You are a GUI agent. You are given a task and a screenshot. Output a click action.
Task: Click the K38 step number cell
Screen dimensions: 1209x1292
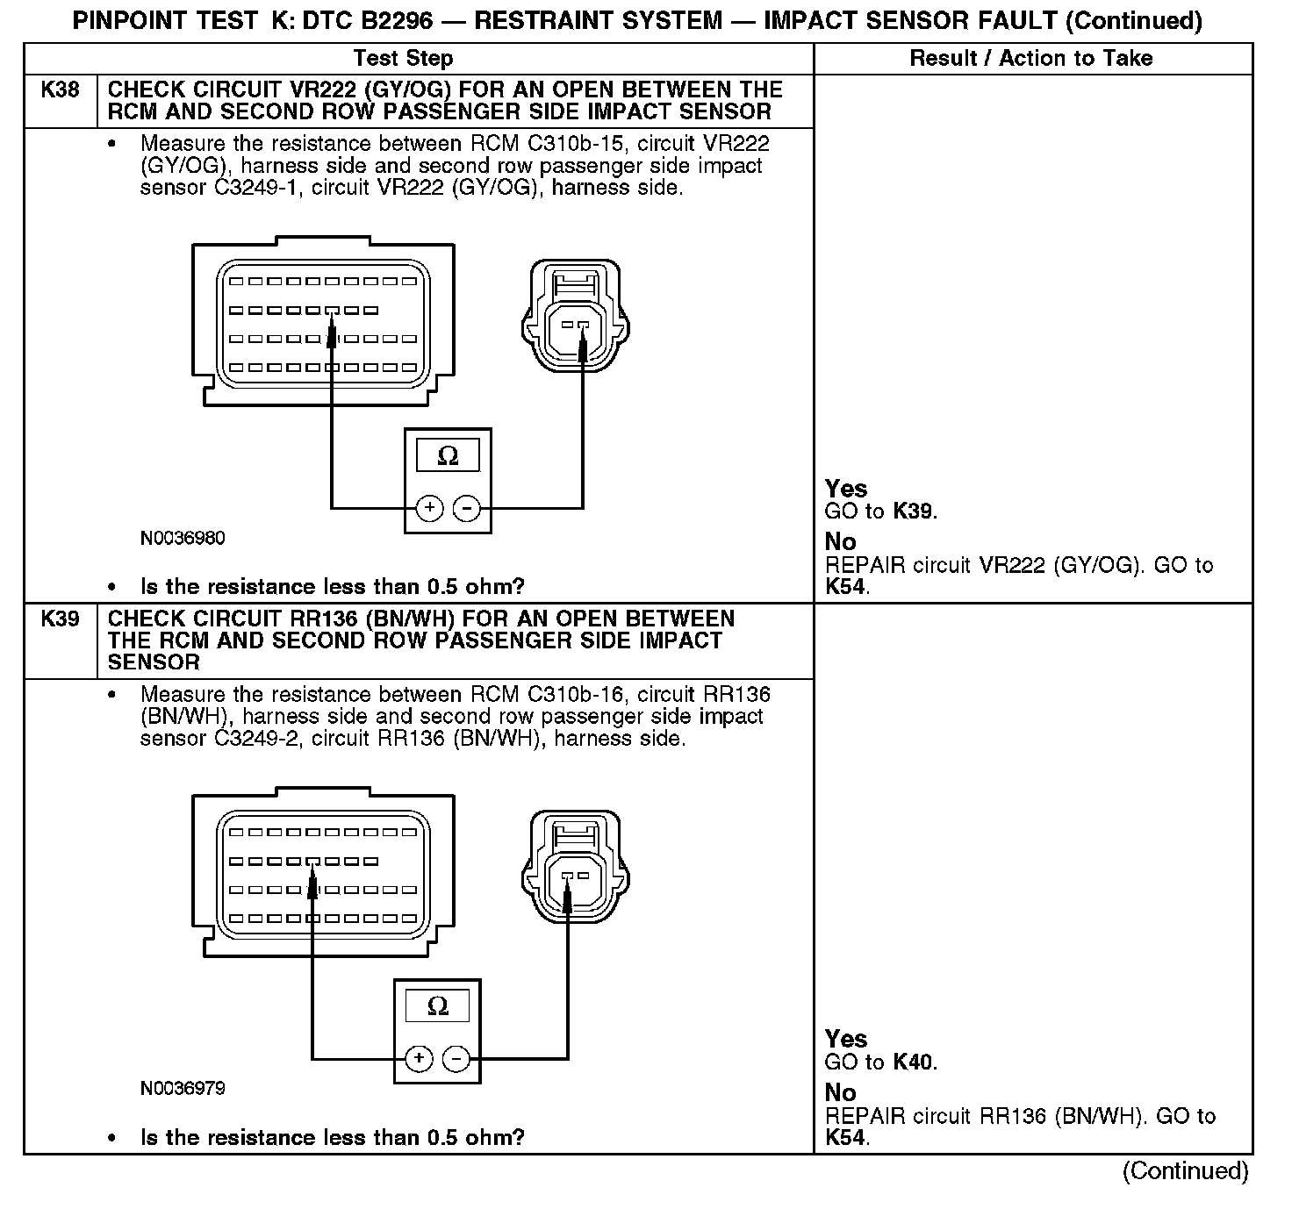(x=60, y=90)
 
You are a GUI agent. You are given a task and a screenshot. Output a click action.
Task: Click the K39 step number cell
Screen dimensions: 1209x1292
(x=60, y=619)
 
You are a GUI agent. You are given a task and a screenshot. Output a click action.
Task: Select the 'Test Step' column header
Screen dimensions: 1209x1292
(x=403, y=59)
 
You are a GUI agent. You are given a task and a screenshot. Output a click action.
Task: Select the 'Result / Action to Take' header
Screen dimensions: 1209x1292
(x=1031, y=59)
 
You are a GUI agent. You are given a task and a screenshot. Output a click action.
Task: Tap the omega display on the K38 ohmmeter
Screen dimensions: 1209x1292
(x=448, y=457)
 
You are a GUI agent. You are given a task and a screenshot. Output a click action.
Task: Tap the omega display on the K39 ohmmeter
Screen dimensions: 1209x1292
(x=437, y=1007)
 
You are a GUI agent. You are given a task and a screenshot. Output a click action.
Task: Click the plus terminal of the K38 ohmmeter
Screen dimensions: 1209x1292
(x=429, y=508)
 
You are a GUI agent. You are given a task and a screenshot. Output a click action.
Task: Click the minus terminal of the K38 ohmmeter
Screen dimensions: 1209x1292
(x=467, y=508)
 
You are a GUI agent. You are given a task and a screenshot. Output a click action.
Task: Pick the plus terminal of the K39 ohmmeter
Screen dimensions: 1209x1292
(x=419, y=1058)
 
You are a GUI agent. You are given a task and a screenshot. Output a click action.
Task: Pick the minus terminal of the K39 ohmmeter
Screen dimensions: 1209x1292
(x=456, y=1058)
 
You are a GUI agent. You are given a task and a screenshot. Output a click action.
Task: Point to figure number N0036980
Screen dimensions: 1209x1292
(x=183, y=539)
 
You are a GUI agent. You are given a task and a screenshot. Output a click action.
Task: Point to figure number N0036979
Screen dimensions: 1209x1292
(x=183, y=1089)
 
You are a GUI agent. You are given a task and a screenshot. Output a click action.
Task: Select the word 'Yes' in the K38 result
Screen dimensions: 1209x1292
(x=846, y=490)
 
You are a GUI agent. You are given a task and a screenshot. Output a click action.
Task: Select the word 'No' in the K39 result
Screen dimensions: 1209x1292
(x=840, y=1093)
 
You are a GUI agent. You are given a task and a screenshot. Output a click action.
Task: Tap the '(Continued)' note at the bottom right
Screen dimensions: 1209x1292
(x=1185, y=1171)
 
